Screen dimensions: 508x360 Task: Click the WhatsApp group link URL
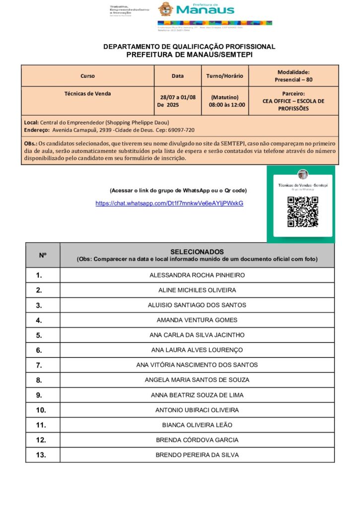(x=169, y=203)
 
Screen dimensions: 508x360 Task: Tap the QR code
(x=302, y=212)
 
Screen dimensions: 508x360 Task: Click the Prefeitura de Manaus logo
(x=196, y=9)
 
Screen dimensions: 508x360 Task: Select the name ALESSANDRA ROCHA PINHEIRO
(x=197, y=275)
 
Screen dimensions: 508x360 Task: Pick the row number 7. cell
(x=39, y=365)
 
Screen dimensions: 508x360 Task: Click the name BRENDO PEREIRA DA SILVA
(x=197, y=455)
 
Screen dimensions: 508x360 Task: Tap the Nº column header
(x=43, y=255)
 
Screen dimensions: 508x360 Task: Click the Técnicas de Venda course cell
(x=87, y=93)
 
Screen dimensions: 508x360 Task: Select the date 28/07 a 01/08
(x=178, y=97)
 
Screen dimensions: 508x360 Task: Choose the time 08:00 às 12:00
(x=226, y=105)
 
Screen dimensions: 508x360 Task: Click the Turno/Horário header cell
(x=224, y=76)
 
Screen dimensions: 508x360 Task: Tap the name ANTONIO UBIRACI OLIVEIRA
(x=197, y=410)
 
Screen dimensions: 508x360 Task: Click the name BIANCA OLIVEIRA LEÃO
(x=197, y=425)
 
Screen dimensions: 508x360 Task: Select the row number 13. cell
(x=41, y=455)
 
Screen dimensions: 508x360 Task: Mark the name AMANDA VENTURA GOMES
(x=197, y=320)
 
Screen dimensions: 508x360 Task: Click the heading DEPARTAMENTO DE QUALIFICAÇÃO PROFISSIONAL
(x=189, y=47)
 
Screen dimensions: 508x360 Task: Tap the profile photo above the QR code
(x=302, y=175)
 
